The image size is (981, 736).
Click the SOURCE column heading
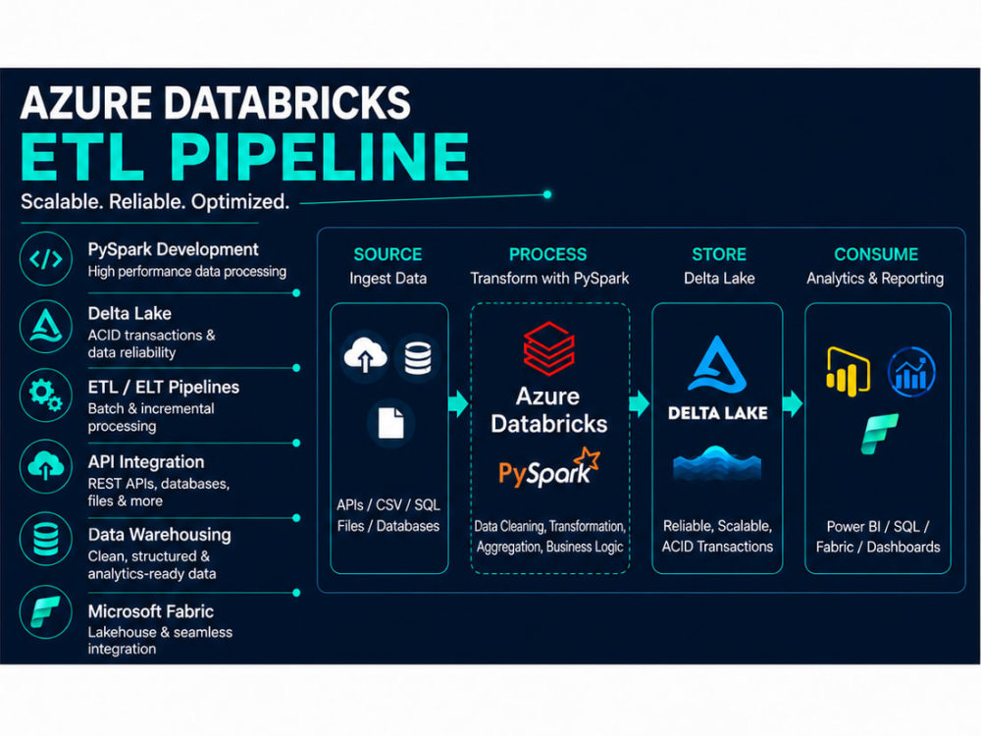(x=387, y=254)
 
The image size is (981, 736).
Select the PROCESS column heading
(x=548, y=254)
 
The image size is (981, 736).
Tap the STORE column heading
(x=719, y=254)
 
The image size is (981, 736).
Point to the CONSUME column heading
(x=876, y=254)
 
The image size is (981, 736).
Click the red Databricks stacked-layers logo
(x=548, y=348)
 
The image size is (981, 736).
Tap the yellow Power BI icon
(x=848, y=371)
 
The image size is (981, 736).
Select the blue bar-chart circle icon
(x=911, y=372)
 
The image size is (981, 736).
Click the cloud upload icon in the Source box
(x=365, y=354)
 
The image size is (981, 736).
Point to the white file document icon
(x=391, y=423)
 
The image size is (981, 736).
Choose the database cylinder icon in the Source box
(x=418, y=357)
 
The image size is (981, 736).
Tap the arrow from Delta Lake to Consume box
(x=793, y=403)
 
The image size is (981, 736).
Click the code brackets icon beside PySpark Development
(x=46, y=258)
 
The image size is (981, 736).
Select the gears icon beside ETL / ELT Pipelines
(x=46, y=394)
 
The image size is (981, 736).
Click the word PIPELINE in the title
(x=320, y=156)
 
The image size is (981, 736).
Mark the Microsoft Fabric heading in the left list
(x=151, y=611)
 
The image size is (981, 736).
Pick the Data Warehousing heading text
(x=160, y=535)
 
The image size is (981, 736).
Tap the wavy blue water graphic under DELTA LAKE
(x=717, y=462)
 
